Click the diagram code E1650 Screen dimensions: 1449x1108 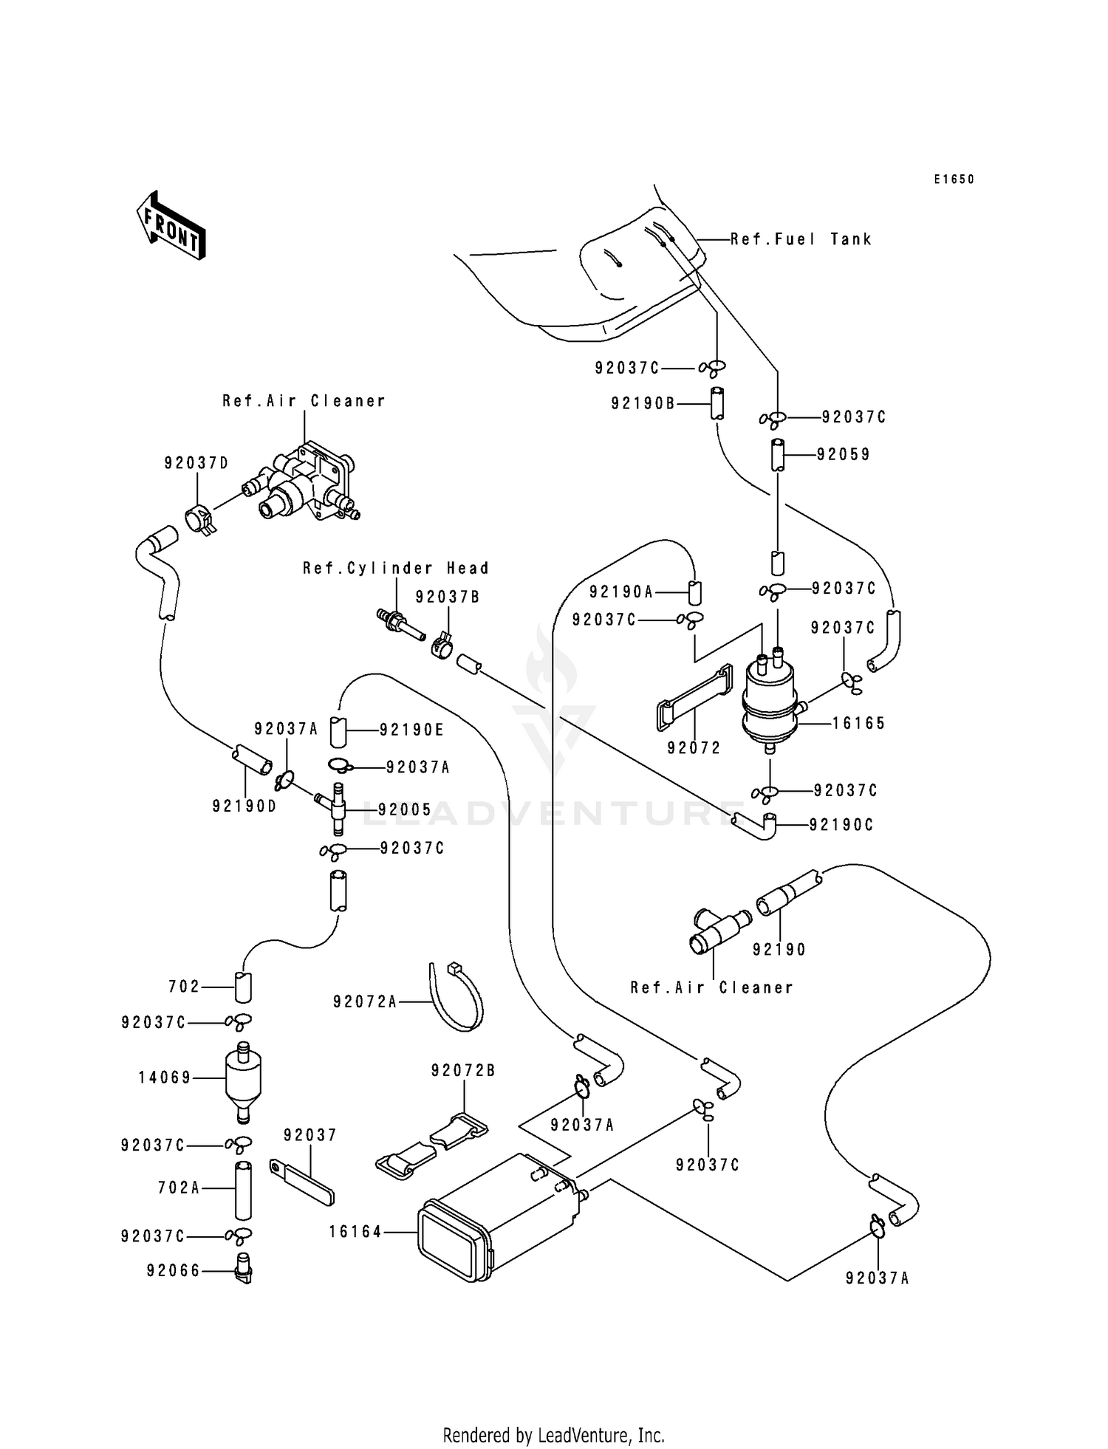[x=954, y=179]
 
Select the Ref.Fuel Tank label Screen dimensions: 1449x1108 [x=801, y=239]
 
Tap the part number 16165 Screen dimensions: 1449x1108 [x=858, y=724]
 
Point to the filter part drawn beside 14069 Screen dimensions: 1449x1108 [x=243, y=1079]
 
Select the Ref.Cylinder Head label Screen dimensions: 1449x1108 [x=396, y=569]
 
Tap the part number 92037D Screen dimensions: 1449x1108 [x=196, y=463]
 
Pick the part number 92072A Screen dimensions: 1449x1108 [x=365, y=1001]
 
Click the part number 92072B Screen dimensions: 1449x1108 [x=464, y=1070]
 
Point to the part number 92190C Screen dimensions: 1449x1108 [x=841, y=825]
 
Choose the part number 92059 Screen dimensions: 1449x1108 [x=844, y=454]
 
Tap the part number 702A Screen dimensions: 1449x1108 [x=179, y=1188]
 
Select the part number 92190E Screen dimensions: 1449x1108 [x=411, y=730]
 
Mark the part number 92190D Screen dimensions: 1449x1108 [x=244, y=806]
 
